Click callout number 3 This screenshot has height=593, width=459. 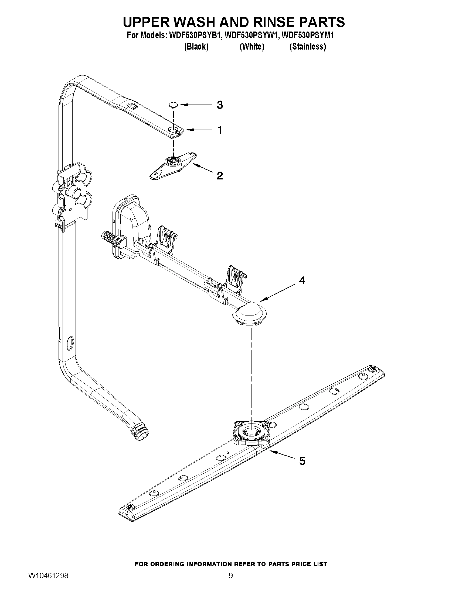click(x=220, y=105)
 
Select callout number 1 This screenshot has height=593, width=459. click(x=220, y=130)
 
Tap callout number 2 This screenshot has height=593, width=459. click(x=220, y=176)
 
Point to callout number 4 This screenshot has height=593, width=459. click(x=302, y=280)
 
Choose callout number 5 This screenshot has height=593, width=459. click(x=302, y=461)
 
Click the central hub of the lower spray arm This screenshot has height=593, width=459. click(x=251, y=432)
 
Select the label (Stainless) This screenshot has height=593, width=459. click(x=308, y=47)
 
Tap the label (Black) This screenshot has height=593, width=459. click(x=196, y=47)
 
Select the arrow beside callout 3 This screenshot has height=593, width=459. click(x=196, y=105)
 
